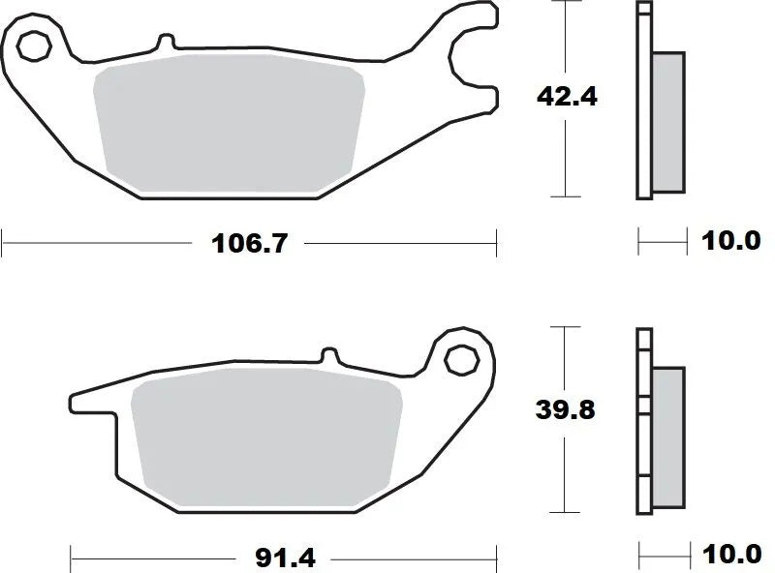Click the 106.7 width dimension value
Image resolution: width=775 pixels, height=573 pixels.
250,243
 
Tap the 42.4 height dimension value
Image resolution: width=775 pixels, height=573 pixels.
564,97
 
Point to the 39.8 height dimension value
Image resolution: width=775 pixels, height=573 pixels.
564,410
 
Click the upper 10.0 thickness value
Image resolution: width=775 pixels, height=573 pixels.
731,241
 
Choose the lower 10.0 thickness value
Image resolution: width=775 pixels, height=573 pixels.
731,556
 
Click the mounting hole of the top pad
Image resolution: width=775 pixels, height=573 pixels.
34,45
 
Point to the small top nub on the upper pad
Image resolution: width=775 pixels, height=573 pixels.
166,43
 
